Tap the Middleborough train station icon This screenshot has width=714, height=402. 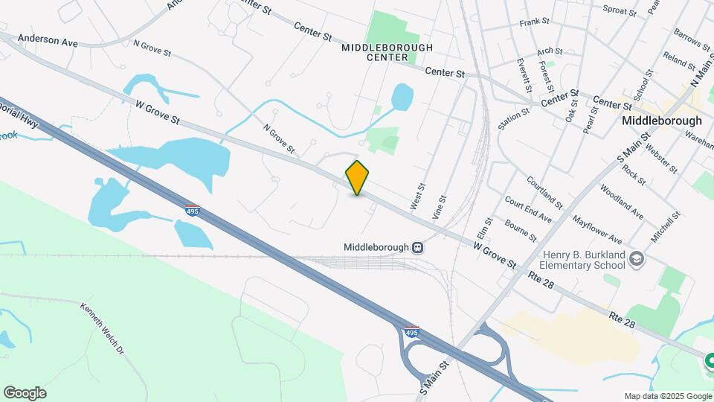click(419, 247)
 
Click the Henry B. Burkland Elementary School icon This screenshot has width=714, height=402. click(637, 259)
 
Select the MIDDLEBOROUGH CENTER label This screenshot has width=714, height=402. click(375, 52)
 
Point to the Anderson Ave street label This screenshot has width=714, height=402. click(48, 39)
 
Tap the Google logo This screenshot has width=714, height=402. click(25, 393)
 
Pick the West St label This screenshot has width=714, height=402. click(418, 196)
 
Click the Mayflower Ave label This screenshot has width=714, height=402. click(596, 230)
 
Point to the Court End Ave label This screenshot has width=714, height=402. click(527, 209)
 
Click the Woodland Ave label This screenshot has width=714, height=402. click(621, 201)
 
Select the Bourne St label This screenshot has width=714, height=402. click(520, 230)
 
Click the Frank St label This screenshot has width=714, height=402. click(534, 23)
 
